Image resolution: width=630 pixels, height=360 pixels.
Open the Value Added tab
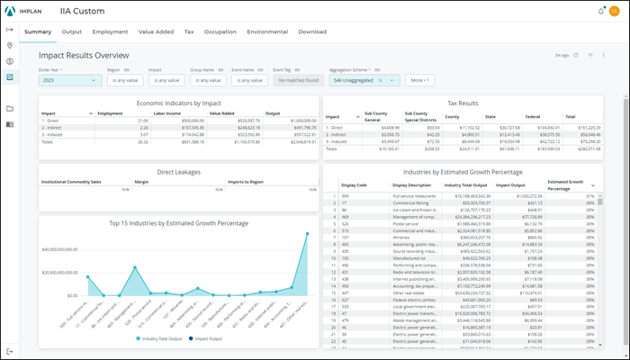pyautogui.click(x=156, y=31)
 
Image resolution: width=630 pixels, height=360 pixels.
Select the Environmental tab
pyautogui.click(x=267, y=31)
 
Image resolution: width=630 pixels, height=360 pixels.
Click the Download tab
pyautogui.click(x=312, y=31)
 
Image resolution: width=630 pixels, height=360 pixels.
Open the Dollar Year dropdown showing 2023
pyautogui.click(x=69, y=80)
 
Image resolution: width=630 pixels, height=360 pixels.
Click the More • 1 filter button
pyautogui.click(x=420, y=80)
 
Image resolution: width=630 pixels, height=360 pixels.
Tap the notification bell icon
pyautogui.click(x=601, y=11)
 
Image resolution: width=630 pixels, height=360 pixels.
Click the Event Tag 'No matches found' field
pyautogui.click(x=296, y=80)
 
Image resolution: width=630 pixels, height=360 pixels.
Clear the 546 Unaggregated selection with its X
pyautogui.click(x=381, y=80)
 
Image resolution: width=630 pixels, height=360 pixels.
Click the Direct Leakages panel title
pyautogui.click(x=178, y=170)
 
